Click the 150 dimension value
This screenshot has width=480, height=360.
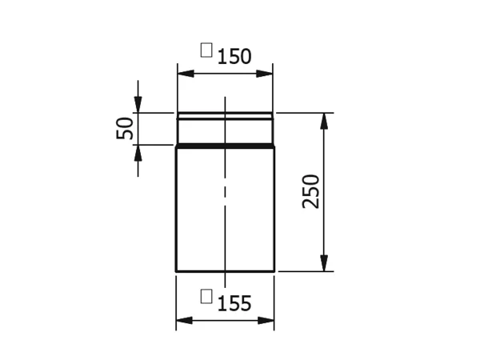pos(234,56)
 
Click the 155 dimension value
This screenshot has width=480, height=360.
pos(234,303)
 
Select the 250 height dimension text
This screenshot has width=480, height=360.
pos(310,192)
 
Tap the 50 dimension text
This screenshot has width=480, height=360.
pos(125,128)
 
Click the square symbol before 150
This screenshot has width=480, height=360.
pos(206,50)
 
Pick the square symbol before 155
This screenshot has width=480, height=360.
pos(206,296)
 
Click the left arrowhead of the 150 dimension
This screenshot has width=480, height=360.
pos(186,74)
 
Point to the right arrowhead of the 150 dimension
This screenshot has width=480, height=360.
pos(264,74)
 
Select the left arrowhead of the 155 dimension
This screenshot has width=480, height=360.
pos(184,321)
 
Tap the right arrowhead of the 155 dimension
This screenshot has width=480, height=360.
pos(266,321)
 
